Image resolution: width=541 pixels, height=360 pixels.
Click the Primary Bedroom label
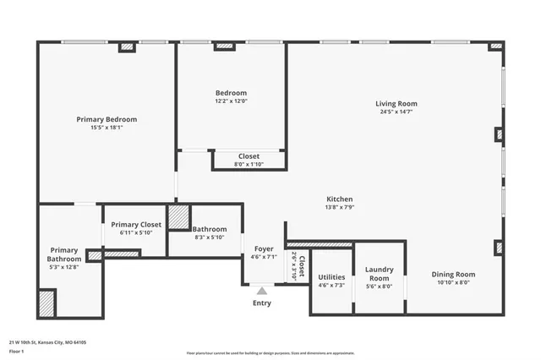(x=107, y=119)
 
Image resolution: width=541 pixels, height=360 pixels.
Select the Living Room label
(x=396, y=104)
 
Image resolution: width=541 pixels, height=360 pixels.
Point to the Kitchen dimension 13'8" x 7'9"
(x=339, y=207)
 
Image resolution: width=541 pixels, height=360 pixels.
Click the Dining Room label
(x=453, y=274)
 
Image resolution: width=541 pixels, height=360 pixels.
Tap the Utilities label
(x=331, y=277)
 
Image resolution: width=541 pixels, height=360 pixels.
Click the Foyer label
(x=264, y=248)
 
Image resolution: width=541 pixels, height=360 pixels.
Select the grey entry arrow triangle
(x=262, y=291)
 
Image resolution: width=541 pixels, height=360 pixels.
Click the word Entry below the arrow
(x=262, y=303)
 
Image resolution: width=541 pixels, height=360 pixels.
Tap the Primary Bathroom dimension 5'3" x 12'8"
(x=64, y=267)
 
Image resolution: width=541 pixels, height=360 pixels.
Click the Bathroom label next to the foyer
(x=209, y=229)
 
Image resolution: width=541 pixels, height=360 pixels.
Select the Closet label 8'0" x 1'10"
(x=249, y=156)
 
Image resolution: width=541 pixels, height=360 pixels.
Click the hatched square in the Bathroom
(x=178, y=217)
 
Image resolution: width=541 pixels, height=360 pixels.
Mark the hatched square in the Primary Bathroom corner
(x=46, y=303)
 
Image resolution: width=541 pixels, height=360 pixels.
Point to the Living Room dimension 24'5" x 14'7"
(x=396, y=112)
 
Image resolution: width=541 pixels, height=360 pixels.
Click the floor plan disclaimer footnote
(x=270, y=352)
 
